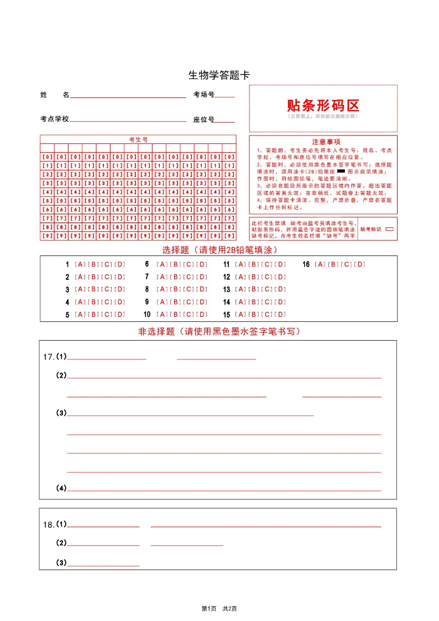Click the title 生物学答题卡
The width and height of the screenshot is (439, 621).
(x=219, y=75)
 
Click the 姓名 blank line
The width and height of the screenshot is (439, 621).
(x=128, y=97)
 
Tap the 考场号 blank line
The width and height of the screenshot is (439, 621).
(x=224, y=97)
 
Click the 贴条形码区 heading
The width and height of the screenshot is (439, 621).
(x=323, y=105)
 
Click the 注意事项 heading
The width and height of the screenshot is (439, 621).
(x=323, y=142)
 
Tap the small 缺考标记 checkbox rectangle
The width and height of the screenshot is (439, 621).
(x=389, y=228)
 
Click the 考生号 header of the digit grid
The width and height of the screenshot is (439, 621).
(x=138, y=139)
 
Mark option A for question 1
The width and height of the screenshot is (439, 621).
(x=80, y=264)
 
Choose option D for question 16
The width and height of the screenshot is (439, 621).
(x=360, y=264)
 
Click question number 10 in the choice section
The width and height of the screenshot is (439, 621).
(x=147, y=315)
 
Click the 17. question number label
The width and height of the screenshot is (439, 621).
(x=49, y=357)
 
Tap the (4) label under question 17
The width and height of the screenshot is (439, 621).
(x=61, y=488)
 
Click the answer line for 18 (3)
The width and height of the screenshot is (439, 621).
(x=103, y=566)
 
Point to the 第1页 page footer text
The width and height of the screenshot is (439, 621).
(x=209, y=608)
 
